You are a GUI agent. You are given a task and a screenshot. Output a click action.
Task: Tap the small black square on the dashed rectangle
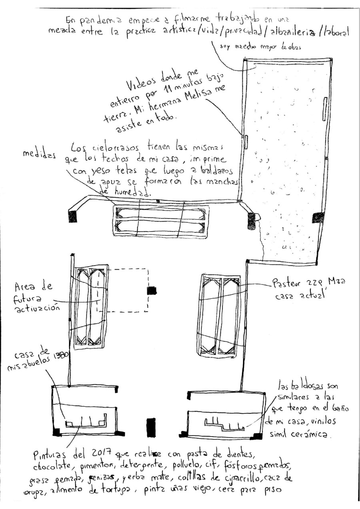pyautogui.click(x=151, y=291)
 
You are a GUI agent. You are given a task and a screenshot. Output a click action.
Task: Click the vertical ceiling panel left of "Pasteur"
pyautogui.click(x=218, y=316)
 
